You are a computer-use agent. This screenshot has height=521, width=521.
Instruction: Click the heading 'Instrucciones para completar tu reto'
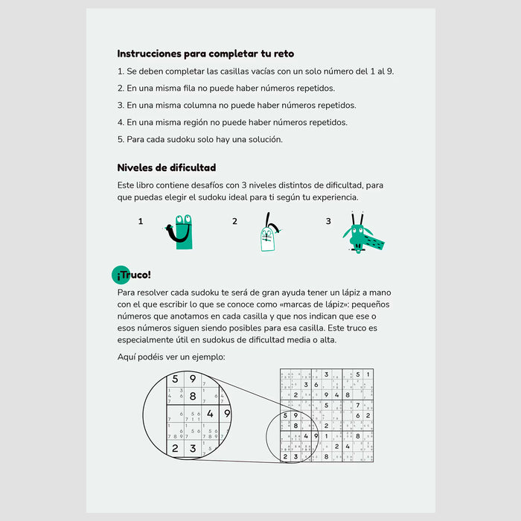tap(205, 54)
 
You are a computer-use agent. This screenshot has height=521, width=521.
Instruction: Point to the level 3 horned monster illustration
tap(362, 234)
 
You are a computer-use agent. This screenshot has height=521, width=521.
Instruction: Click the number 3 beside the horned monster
tap(328, 221)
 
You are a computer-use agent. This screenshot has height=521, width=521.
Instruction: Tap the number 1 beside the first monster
tap(141, 221)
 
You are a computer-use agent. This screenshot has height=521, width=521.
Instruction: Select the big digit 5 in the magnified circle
tap(175, 379)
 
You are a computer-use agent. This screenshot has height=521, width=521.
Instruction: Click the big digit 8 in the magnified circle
tap(192, 396)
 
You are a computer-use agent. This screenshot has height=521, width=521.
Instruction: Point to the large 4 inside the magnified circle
tap(210, 414)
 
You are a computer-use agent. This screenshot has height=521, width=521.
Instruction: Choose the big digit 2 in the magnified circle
tap(175, 448)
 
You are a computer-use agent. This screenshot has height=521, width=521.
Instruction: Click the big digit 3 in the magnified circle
tap(193, 448)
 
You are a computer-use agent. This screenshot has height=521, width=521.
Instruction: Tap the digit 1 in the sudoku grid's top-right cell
tap(368, 374)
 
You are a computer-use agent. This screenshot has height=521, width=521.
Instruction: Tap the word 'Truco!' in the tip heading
tap(138, 275)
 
